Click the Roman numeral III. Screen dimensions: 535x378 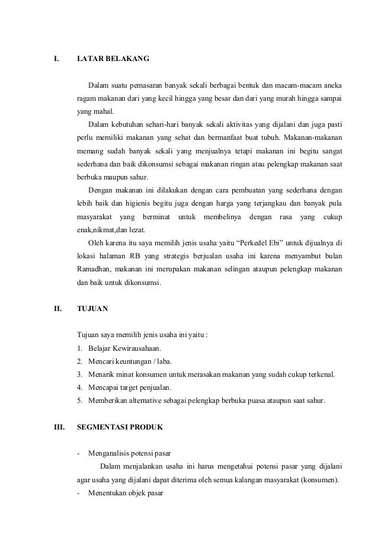[59, 427]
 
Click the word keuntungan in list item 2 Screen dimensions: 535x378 [138, 361]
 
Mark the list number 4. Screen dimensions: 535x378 [80, 387]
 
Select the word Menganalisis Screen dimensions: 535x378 [110, 454]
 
